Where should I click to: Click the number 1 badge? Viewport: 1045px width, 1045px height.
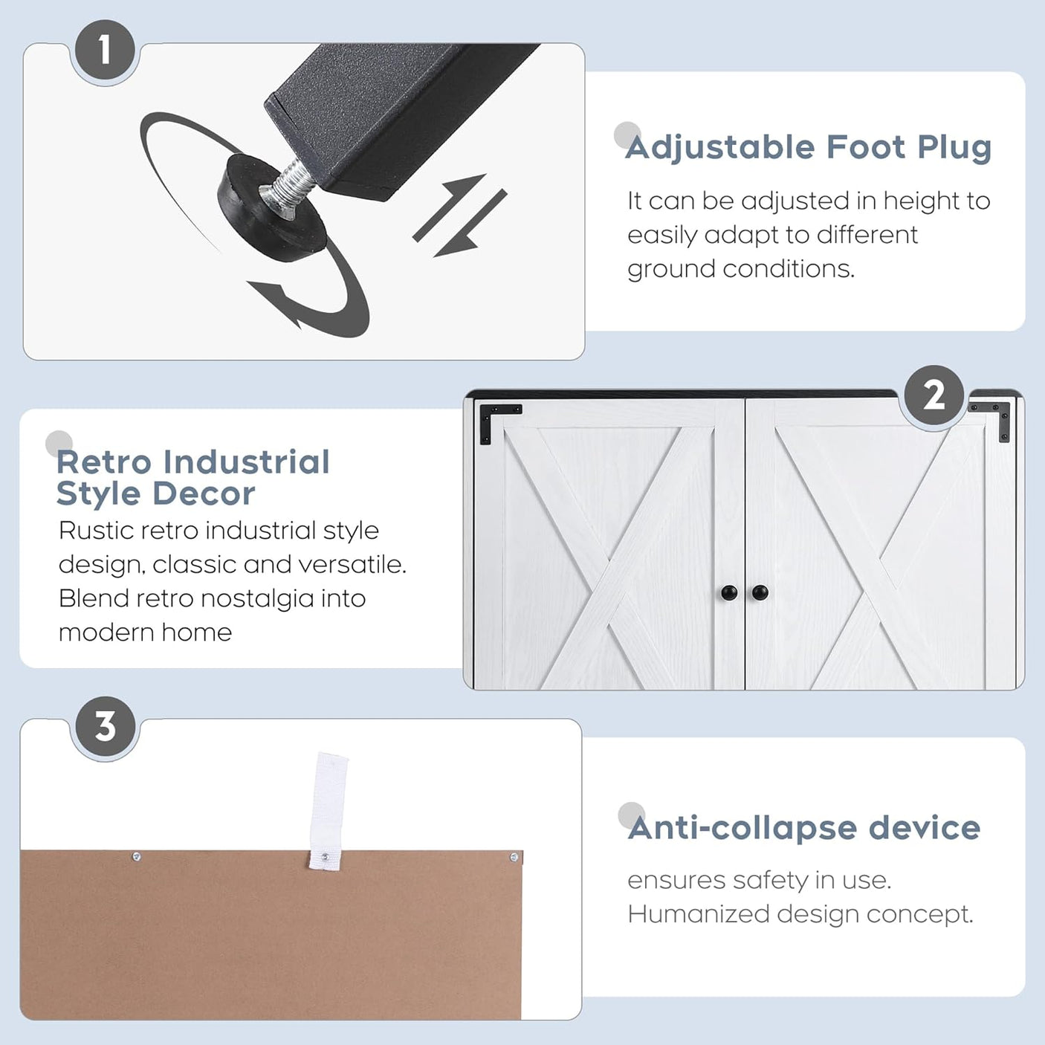105,50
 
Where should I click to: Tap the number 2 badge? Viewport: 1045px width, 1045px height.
934,396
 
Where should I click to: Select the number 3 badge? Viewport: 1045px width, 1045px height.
106,726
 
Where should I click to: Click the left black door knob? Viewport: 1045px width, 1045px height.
729,592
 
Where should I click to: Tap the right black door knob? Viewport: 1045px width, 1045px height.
760,592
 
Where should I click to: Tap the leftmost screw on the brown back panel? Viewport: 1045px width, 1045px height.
136,857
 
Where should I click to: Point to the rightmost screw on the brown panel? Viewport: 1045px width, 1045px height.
514,858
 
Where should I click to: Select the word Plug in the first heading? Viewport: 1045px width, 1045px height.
954,148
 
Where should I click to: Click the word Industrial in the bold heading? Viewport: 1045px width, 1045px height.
247,462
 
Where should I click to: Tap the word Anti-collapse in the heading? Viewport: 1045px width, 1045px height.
742,829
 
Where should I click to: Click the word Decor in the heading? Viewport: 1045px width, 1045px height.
204,494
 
